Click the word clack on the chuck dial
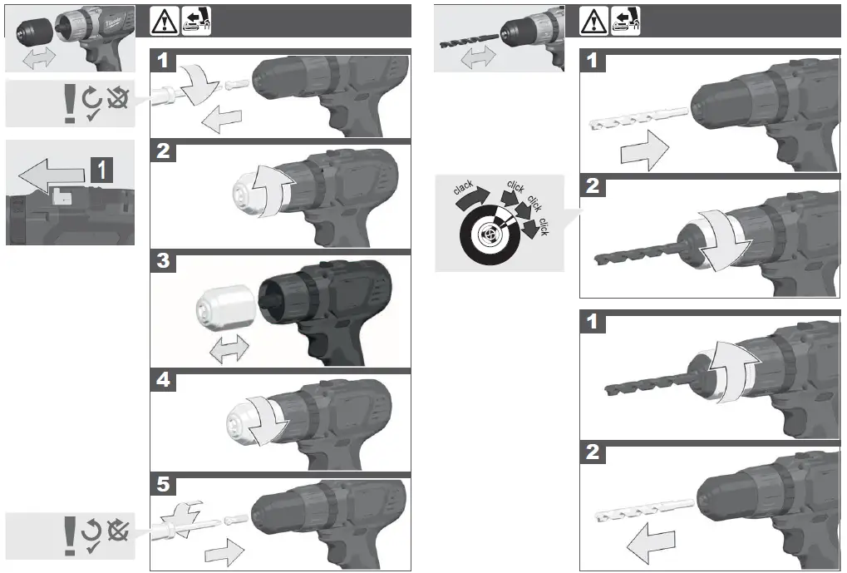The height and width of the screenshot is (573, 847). pyautogui.click(x=464, y=188)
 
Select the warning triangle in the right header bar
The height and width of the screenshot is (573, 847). pyautogui.click(x=591, y=20)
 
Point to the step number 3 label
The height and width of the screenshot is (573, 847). pyautogui.click(x=164, y=261)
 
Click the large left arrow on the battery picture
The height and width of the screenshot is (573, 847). pyautogui.click(x=50, y=175)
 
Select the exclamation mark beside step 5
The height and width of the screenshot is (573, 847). pyautogui.click(x=70, y=537)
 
